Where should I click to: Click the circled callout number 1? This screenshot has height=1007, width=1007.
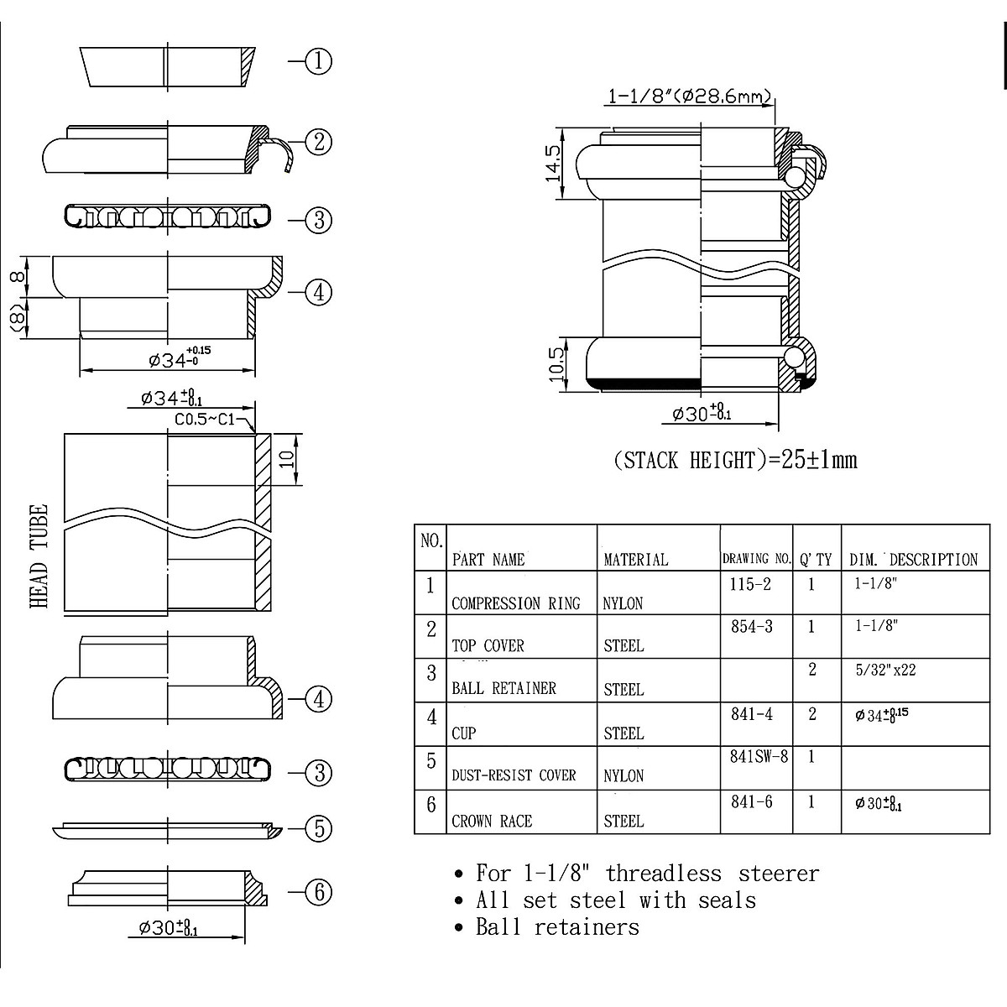(318, 61)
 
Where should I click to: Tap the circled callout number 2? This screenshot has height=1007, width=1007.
(318, 142)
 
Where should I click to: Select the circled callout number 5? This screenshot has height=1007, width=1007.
(318, 828)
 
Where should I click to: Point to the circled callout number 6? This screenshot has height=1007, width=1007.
(318, 892)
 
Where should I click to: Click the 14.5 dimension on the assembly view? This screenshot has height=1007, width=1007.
(552, 164)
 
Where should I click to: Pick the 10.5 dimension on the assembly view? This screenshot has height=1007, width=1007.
(557, 364)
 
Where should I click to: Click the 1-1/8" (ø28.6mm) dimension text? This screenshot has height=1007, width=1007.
(690, 97)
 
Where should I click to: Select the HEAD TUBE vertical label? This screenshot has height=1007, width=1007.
(39, 556)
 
